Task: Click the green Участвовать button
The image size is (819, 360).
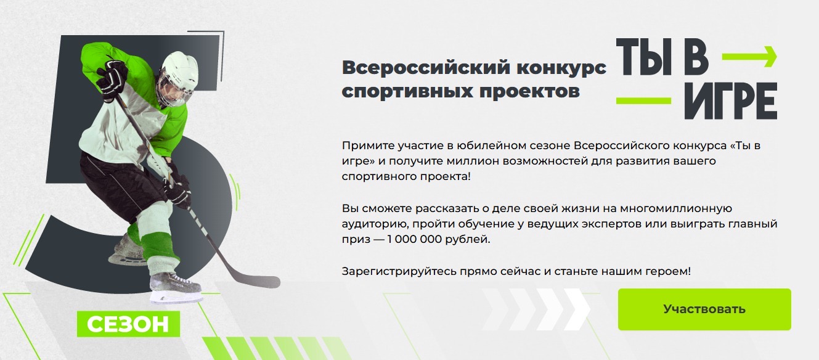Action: click(x=704, y=309)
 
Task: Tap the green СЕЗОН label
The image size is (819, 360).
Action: click(x=128, y=324)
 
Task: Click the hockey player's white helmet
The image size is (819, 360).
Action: click(x=179, y=72)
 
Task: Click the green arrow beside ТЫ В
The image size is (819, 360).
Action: click(x=749, y=57)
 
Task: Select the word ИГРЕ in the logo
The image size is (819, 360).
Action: click(x=731, y=101)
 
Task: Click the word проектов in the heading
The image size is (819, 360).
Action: click(x=530, y=91)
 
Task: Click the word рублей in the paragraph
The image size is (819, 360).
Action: click(x=467, y=239)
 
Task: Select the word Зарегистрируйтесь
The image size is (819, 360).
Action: click(x=399, y=271)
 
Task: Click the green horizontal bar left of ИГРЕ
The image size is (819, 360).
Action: click(x=643, y=100)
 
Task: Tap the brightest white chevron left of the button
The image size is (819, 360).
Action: click(x=577, y=309)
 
